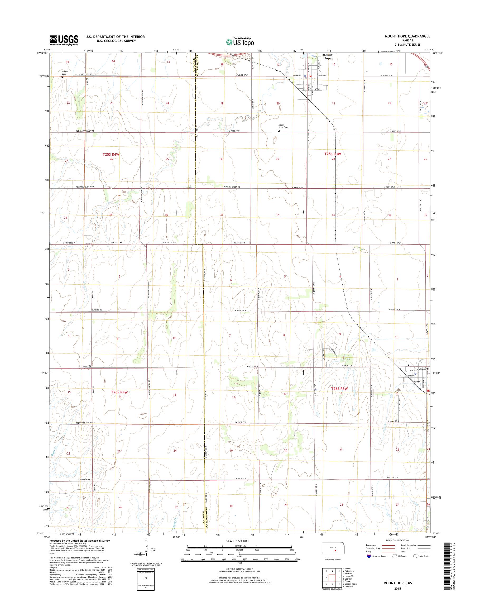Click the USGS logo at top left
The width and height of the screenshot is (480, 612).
(x=64, y=40)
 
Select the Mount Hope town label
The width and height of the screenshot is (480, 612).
(x=327, y=56)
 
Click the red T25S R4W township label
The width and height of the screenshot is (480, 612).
(x=111, y=154)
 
